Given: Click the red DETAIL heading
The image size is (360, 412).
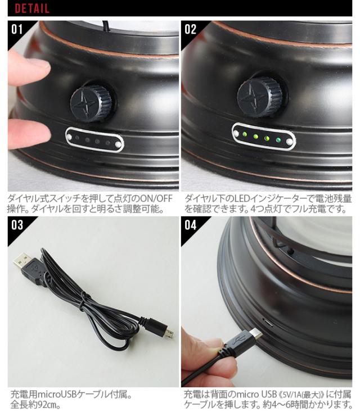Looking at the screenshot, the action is pos(32,8).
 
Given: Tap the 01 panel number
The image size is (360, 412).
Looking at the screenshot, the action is pos(17,29).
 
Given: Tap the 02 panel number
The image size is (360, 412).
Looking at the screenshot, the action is pos(190,29).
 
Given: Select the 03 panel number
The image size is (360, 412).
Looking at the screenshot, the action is pos(17,225).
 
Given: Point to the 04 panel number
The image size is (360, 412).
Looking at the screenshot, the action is pos(190,225).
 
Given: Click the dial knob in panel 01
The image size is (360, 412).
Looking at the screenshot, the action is pos(91,103).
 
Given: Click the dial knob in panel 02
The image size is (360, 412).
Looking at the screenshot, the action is pos(260,97).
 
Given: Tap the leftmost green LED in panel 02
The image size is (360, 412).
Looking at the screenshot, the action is pos(245,134).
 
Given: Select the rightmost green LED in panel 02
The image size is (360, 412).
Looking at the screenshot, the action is pos(278,140).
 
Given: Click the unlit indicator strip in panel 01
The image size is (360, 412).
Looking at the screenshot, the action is pos(94,140).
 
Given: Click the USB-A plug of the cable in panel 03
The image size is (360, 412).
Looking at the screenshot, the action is pos(24,262).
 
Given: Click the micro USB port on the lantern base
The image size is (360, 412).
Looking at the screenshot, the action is pos(267,324).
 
